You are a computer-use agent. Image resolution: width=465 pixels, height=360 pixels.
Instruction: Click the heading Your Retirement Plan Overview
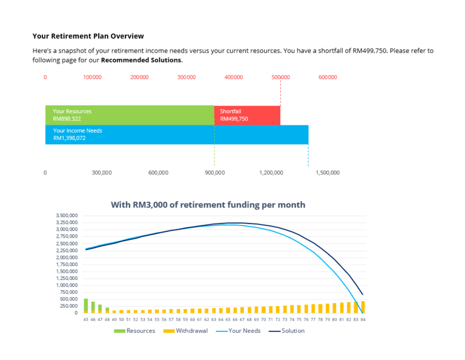click(88, 36)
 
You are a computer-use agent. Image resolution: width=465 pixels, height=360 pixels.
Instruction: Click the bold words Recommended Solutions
click(141, 61)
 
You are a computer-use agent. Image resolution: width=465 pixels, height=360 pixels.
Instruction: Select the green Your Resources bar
click(130, 115)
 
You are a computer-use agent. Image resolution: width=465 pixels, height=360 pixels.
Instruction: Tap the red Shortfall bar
click(247, 115)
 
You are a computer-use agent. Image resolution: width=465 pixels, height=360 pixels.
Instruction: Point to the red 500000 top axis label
click(280, 78)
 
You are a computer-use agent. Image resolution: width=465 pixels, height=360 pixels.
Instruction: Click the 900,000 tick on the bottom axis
click(215, 173)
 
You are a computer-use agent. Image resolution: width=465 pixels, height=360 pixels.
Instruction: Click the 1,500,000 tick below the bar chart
click(328, 173)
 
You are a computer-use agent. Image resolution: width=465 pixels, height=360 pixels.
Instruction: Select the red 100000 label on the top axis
click(92, 78)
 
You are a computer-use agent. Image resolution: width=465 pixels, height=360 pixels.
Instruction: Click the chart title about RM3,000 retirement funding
click(208, 205)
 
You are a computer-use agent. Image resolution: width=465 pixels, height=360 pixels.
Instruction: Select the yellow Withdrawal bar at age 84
click(363, 307)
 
